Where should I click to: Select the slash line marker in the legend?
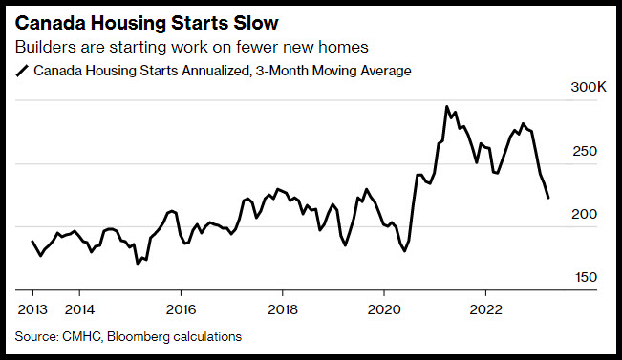point(22,72)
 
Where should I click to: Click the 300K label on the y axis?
point(589,87)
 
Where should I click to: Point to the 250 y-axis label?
point(585,151)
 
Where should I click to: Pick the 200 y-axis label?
point(584,214)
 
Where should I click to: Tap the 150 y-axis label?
point(586,277)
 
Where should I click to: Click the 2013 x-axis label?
point(32,309)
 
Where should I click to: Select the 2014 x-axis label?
point(79,309)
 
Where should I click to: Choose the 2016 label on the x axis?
point(181,309)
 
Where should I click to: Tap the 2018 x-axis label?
point(283,309)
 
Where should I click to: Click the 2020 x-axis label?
point(384,309)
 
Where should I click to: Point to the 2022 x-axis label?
point(485,309)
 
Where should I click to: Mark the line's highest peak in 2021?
point(446,106)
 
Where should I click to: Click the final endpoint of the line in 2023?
point(548,198)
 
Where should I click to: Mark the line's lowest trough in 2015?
point(138,265)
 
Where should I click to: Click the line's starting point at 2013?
point(32,241)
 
